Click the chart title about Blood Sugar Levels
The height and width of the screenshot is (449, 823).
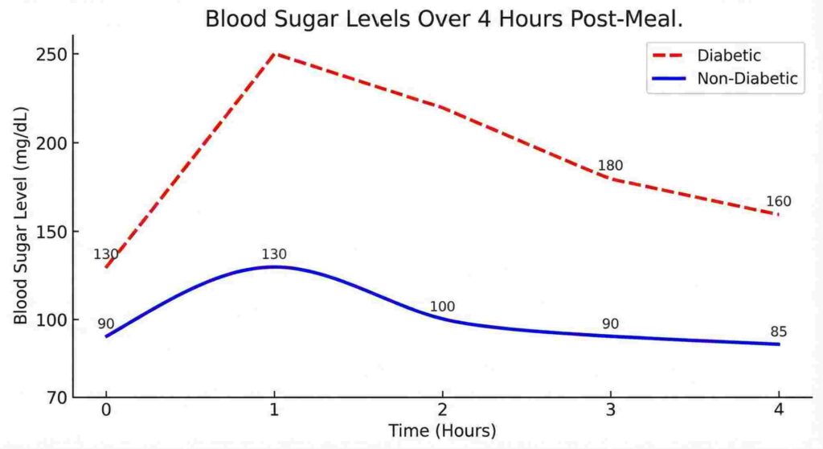[444, 19]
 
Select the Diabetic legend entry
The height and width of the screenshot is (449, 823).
[729, 56]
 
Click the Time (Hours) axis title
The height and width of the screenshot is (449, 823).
[442, 430]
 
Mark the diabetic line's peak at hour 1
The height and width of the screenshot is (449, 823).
[275, 54]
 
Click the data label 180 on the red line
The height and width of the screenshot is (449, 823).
[610, 166]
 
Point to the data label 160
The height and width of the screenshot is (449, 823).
[778, 201]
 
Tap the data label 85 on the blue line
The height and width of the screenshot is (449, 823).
[778, 332]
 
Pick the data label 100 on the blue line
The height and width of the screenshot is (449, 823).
[442, 307]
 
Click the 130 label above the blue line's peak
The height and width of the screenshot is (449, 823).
[274, 254]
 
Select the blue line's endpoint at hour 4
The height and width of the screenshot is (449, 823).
[779, 344]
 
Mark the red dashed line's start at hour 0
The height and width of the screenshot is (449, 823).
[106, 266]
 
